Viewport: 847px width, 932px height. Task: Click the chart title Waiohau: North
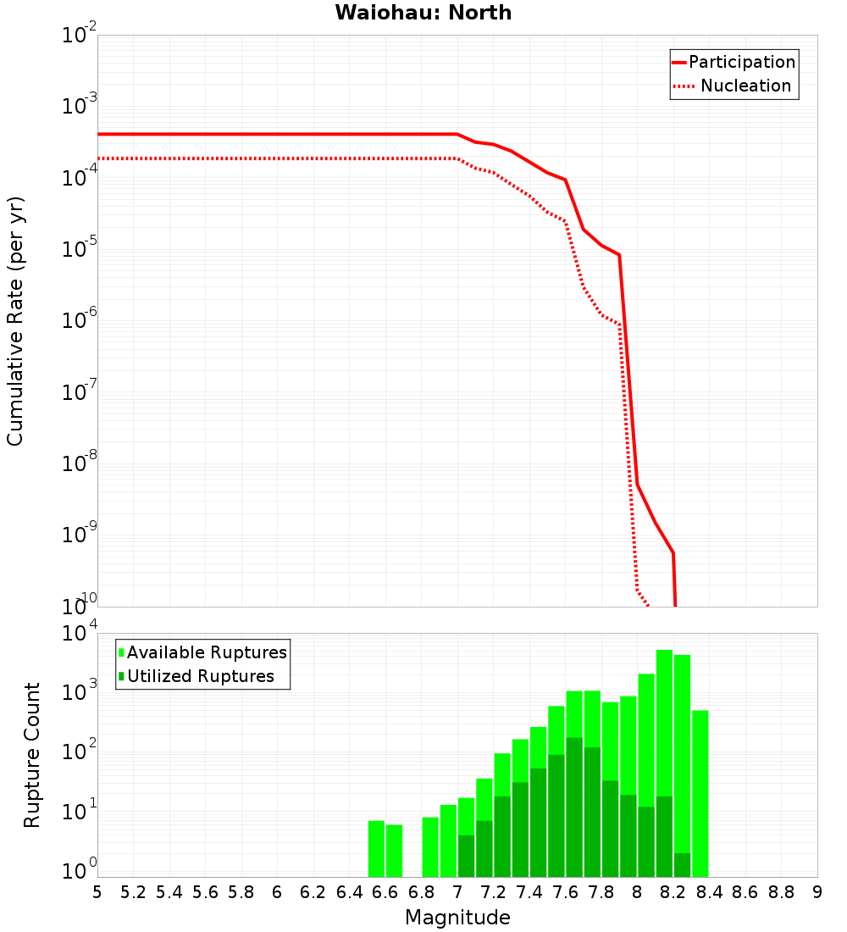(x=423, y=13)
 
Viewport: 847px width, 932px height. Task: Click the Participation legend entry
(x=741, y=62)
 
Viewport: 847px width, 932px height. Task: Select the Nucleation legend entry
(x=745, y=86)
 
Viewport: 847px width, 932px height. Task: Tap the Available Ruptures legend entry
(x=206, y=652)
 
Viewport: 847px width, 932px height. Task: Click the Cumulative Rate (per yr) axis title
(x=15, y=321)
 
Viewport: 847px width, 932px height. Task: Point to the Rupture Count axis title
(x=32, y=755)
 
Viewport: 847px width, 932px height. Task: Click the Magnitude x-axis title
(x=457, y=918)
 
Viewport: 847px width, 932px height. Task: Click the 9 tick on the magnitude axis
(x=817, y=892)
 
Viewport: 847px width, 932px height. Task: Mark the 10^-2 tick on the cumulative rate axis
(x=80, y=36)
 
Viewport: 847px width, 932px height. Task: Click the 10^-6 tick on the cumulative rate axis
(x=80, y=321)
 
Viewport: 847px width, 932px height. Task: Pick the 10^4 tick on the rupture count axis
(x=80, y=634)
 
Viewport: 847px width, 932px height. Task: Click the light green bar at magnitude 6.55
(x=376, y=848)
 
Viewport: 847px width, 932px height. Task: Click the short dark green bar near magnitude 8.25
(x=682, y=865)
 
